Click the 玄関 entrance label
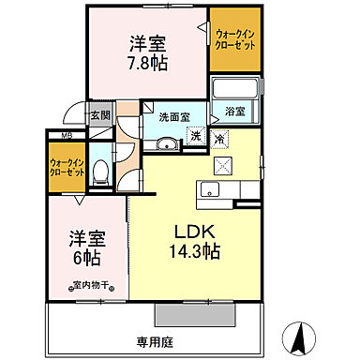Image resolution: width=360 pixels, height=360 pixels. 100,116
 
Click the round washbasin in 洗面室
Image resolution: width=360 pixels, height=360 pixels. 168,143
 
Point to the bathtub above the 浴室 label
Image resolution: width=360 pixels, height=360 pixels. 235,90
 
